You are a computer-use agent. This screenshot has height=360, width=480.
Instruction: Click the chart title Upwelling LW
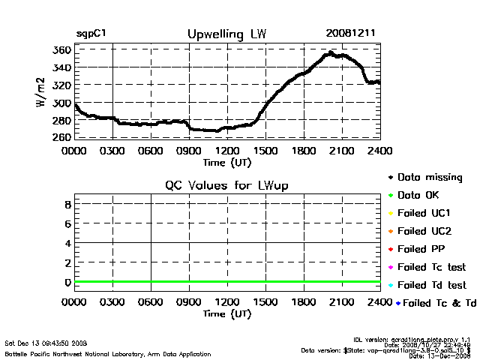click(226, 34)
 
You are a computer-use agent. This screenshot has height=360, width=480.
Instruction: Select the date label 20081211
click(351, 34)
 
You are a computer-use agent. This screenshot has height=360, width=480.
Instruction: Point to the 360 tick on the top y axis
click(62, 49)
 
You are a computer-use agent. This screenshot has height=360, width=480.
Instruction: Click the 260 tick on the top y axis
click(62, 137)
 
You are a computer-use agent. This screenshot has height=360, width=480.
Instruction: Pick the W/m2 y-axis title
click(43, 93)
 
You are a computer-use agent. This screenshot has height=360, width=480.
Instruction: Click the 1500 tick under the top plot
click(265, 151)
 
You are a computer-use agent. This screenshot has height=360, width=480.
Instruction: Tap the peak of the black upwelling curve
click(331, 53)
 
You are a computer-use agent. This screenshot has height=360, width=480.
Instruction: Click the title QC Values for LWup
click(227, 185)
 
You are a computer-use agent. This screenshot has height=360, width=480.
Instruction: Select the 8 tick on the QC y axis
click(67, 203)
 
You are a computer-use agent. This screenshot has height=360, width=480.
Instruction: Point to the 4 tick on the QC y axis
click(67, 243)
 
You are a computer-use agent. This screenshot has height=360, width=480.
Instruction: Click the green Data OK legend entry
click(420, 195)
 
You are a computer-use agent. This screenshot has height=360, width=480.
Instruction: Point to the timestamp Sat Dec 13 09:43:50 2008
click(46, 343)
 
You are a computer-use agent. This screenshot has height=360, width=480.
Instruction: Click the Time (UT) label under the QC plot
click(226, 313)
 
